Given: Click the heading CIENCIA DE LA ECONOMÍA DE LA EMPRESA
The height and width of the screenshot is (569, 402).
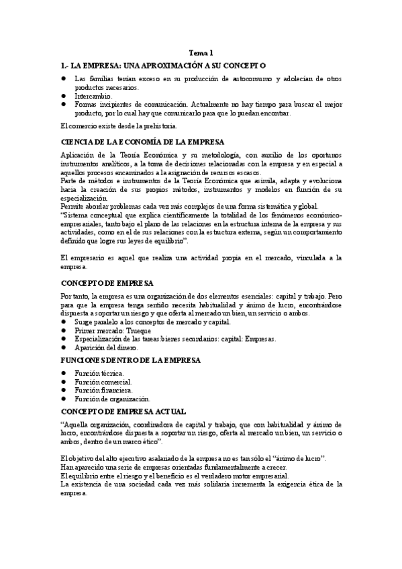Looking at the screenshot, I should [x=142, y=142].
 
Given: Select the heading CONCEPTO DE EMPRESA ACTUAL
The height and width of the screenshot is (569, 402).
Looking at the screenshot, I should [x=123, y=411].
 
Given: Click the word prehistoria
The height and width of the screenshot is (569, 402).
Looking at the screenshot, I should [x=156, y=125].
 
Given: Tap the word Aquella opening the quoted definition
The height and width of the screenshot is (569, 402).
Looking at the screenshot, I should [x=78, y=425].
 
